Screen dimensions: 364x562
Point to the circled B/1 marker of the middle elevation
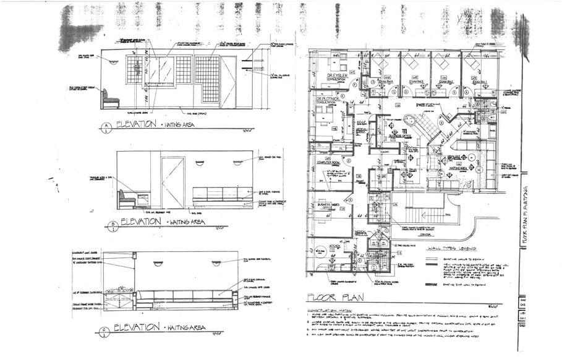[x=112, y=226]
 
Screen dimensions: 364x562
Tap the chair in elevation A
[x=110, y=100]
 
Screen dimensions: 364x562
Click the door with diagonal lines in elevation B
[x=172, y=183]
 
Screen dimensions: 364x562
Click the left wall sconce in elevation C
[x=158, y=264]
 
